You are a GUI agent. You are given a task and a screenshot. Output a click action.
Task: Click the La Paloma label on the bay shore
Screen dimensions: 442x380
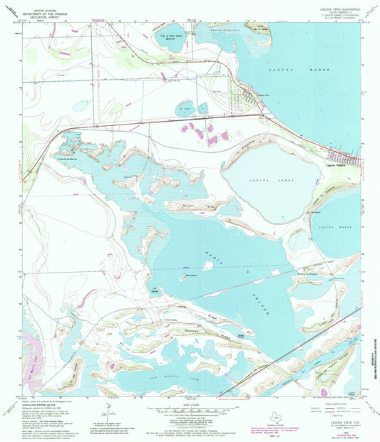154,288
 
